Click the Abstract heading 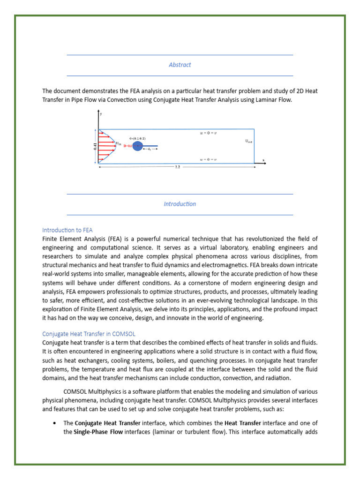tap(180, 65)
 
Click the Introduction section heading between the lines tap(180, 204)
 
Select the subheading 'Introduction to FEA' tap(67, 230)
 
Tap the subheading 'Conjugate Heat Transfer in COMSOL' tap(89, 334)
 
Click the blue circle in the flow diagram tap(137, 146)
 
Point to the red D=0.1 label tap(127, 146)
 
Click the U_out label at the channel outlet tap(249, 141)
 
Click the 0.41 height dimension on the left tap(93, 146)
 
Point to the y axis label tap(102, 113)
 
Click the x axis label tap(263, 160)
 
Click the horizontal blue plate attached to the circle tap(150, 146)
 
